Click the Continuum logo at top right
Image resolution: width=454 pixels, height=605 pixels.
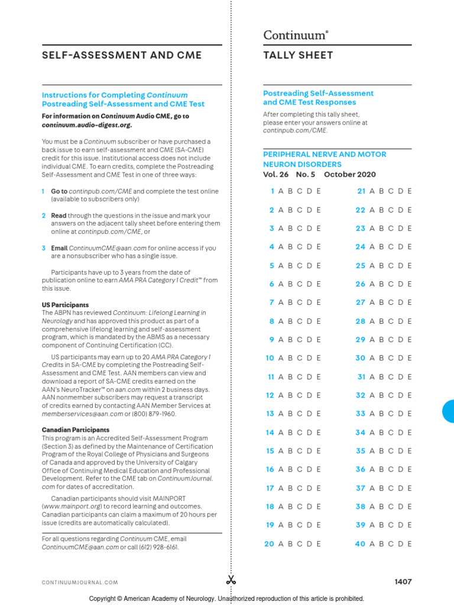[x=295, y=35]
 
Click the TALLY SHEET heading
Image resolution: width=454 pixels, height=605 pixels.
[x=298, y=56]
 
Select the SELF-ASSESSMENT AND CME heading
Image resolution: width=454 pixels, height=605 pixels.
[x=121, y=56]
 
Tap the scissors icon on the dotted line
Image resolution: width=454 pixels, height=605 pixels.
[x=231, y=580]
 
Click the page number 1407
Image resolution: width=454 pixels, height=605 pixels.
[x=403, y=582]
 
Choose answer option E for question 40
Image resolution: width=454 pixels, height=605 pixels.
[x=409, y=544]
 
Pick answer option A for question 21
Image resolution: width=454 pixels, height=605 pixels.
[x=372, y=191]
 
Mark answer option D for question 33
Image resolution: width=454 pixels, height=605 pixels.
[x=400, y=414]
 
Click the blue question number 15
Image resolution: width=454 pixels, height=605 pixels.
[x=270, y=451]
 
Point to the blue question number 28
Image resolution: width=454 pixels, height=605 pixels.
[x=360, y=321]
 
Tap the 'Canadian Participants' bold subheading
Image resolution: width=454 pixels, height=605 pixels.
[x=75, y=430]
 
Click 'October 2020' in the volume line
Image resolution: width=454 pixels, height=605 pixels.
[x=350, y=174]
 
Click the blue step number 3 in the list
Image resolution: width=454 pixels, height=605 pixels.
[x=44, y=248]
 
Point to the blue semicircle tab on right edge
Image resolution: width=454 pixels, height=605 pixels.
[x=449, y=411]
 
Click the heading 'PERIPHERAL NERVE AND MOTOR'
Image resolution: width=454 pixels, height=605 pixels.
[x=325, y=154]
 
